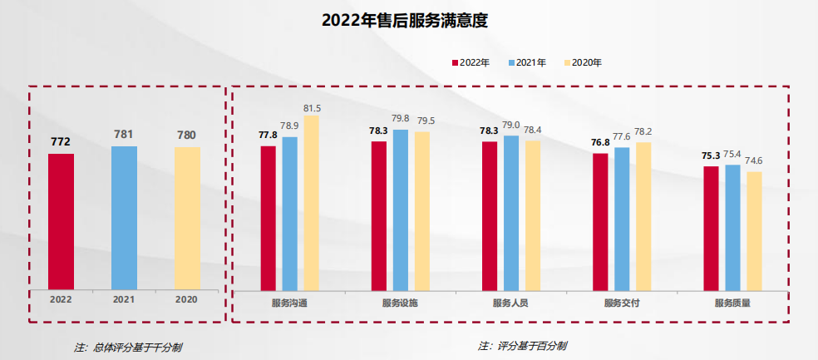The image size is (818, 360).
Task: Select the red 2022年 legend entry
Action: [x=471, y=62]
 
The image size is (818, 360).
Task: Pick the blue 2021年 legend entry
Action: [x=526, y=62]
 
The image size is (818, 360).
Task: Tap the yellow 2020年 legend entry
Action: [x=582, y=62]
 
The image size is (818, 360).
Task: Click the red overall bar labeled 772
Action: [x=61, y=220]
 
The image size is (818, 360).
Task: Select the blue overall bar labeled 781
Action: [x=124, y=216]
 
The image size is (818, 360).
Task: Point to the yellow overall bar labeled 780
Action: [x=187, y=217]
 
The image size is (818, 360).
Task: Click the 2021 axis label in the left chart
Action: [x=124, y=298]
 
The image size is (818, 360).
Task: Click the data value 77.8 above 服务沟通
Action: [x=268, y=135]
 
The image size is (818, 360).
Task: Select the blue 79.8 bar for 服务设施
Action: [x=401, y=209]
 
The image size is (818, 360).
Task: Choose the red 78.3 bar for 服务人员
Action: [x=490, y=215]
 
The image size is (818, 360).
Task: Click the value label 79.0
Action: [x=510, y=125]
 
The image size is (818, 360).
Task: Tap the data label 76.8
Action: [x=600, y=142]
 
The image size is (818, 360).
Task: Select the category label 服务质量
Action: [x=732, y=303]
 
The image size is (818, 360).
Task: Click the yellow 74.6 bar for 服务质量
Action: [x=754, y=230]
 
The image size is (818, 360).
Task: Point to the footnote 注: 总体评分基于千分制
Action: [x=127, y=348]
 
